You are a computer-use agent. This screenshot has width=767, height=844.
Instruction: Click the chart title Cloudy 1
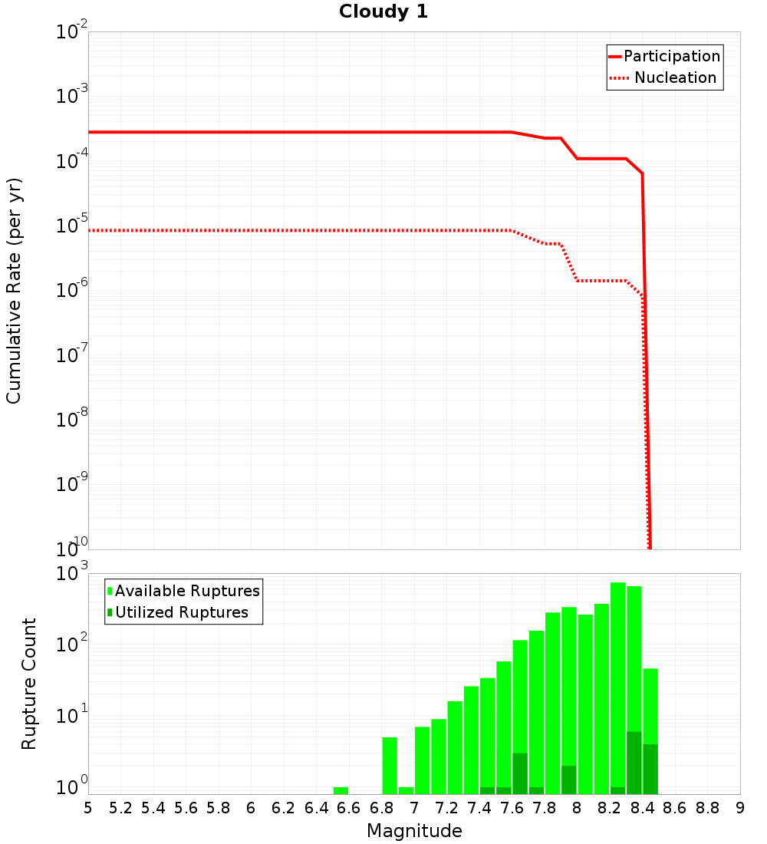point(383,12)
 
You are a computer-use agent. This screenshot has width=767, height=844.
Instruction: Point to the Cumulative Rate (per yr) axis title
point(14,291)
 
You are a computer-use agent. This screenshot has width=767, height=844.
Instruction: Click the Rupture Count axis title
point(29,684)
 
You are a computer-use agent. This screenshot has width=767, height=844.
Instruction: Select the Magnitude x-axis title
point(414,831)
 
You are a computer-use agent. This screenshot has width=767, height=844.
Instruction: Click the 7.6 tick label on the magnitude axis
point(512,808)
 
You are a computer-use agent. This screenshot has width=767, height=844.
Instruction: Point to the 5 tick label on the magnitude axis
point(88,808)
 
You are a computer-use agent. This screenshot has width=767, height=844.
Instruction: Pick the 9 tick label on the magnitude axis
point(739,808)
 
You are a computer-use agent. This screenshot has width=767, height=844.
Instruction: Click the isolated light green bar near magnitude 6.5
point(341,790)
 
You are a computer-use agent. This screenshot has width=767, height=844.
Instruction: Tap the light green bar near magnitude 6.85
point(390,765)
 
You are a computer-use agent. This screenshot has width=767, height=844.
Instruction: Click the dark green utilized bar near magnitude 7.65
point(520,773)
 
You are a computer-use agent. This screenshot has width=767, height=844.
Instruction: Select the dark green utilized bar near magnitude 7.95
point(568,780)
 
